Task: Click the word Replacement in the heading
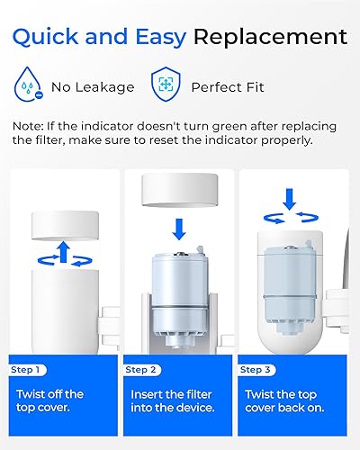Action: coord(270,37)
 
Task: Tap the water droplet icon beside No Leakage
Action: coord(31,88)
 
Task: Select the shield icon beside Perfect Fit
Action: coord(164,88)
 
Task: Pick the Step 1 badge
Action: coord(27,369)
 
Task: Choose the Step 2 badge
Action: coord(142,369)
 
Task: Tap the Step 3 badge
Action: coord(256,369)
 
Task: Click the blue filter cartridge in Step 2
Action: coord(178,279)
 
